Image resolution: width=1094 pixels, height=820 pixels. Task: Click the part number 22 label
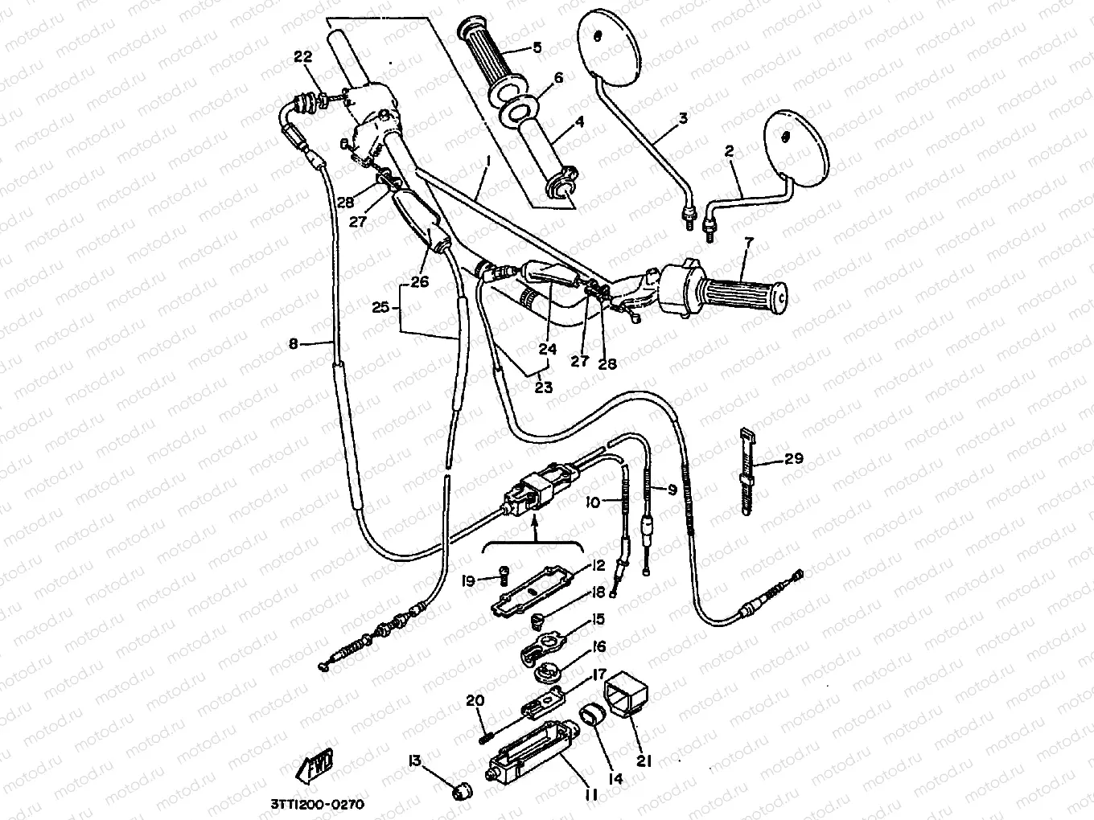coord(302,56)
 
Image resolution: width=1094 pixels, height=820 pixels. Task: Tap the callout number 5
coord(537,47)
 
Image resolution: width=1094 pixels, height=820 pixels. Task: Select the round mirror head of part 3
coord(609,47)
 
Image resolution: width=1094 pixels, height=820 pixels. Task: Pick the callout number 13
coord(414,760)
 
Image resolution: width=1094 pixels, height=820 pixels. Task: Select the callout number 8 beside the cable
coord(293,344)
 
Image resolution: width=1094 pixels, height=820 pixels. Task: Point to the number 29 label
coord(794,459)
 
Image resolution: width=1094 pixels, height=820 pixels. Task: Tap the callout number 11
coord(590,795)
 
